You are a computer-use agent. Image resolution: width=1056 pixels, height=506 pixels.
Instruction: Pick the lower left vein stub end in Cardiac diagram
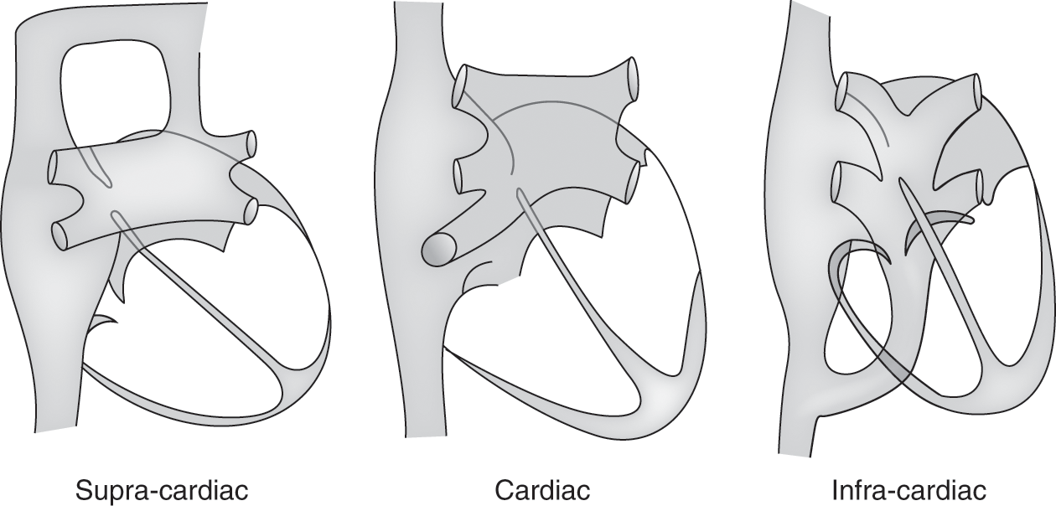click(460, 176)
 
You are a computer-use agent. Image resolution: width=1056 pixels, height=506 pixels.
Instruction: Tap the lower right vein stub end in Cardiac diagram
click(634, 182)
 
